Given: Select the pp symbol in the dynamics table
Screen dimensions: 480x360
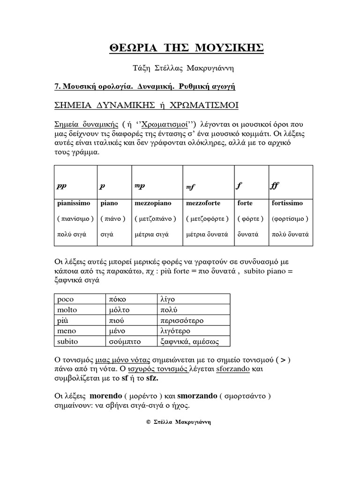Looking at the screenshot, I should pos(61,186).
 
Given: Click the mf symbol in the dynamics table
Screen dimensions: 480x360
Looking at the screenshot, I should pos(190,187).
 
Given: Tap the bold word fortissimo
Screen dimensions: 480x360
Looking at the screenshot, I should pos(287,203).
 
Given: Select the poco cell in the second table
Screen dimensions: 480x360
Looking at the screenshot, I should pos(65,299).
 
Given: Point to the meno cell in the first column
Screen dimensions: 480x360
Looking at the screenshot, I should pos(66,331).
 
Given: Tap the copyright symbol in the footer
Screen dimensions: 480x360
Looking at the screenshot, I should pos(148,422).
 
